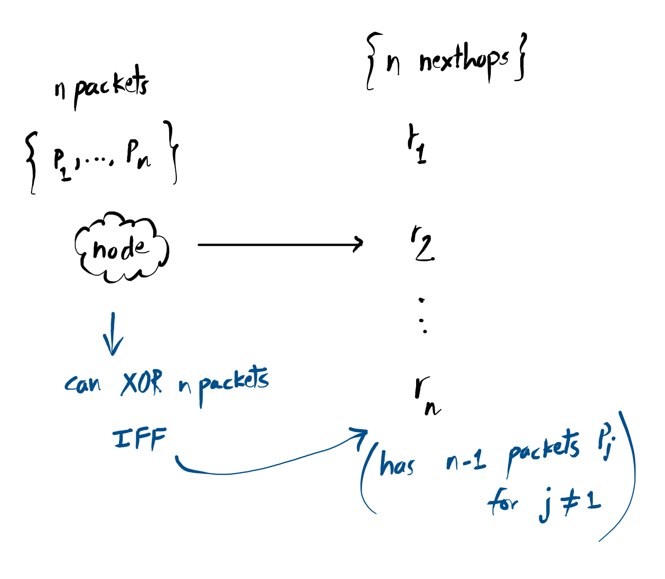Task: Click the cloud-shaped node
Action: tap(122, 248)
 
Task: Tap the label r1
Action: tap(417, 145)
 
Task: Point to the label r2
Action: tap(422, 244)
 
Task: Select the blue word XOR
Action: tap(142, 384)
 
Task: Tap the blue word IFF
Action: tap(140, 439)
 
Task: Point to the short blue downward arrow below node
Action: tap(113, 334)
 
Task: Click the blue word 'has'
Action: tap(397, 464)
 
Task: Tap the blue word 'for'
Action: tap(503, 502)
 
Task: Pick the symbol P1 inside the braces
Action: tap(61, 164)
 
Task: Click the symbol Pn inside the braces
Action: tap(138, 155)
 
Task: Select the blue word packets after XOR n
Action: tap(233, 383)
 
